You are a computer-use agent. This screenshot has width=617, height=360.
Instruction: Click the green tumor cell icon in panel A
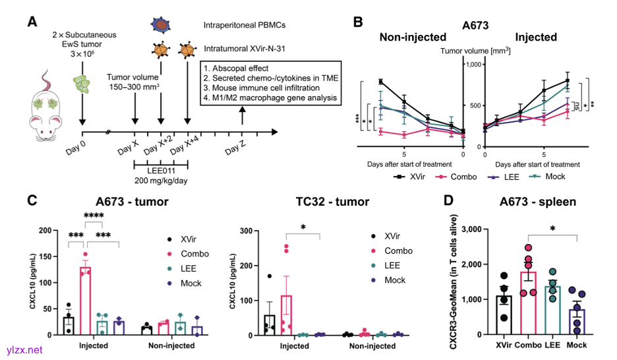tap(82, 83)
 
